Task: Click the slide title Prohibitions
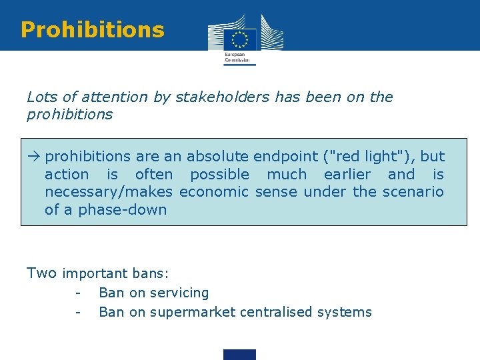click(x=92, y=30)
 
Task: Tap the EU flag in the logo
click(x=239, y=38)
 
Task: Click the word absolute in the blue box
click(x=217, y=157)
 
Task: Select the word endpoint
click(x=286, y=157)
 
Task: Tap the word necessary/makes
click(x=109, y=193)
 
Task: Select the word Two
click(x=41, y=273)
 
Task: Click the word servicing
click(x=179, y=293)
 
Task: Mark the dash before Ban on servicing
click(x=78, y=293)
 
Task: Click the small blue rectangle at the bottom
click(x=239, y=355)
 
